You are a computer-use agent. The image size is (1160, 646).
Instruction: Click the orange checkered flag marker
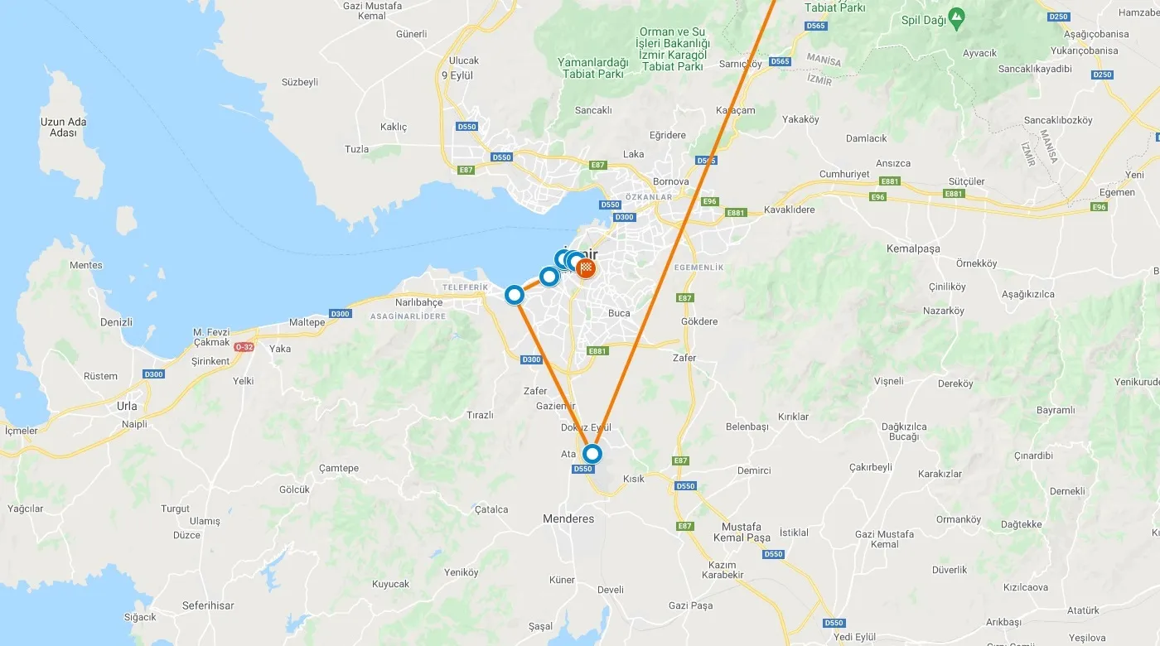coord(587,268)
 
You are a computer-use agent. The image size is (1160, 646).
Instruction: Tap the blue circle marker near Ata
coord(592,454)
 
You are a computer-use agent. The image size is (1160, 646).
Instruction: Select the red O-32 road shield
coord(244,347)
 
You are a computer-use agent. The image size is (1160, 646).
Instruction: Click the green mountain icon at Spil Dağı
coord(957,16)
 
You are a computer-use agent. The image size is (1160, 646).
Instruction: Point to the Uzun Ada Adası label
coord(63,128)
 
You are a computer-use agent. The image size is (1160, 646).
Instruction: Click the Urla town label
coord(127,407)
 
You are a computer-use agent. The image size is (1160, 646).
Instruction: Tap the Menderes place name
coord(568,518)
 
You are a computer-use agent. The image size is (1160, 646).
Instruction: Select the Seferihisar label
coord(208,605)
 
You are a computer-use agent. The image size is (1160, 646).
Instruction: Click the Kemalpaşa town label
coord(913,248)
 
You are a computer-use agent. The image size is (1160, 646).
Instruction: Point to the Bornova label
coord(671,181)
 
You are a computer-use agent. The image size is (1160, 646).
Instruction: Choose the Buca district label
coord(619,313)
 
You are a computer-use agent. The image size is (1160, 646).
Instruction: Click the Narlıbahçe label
coord(418,302)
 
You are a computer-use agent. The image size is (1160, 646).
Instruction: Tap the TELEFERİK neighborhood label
coord(466,287)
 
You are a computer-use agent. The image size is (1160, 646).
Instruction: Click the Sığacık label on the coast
coord(140,617)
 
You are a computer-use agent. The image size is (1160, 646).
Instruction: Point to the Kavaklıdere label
coord(789,210)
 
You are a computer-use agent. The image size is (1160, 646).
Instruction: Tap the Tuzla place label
coord(356,149)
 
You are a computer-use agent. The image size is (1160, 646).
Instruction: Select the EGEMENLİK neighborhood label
coord(699,268)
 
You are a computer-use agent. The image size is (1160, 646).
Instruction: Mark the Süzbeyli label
coord(300,82)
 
